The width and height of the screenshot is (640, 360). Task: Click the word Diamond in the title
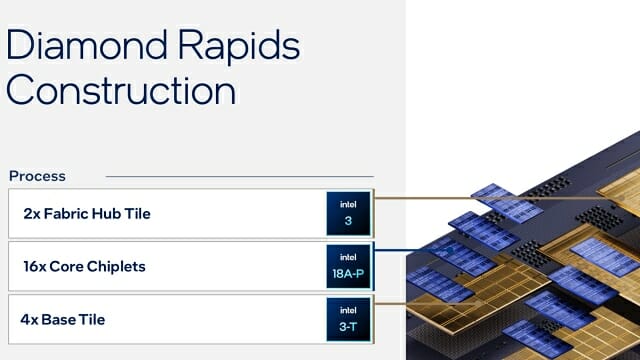coord(87,44)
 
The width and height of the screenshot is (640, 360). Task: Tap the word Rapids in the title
coord(239,47)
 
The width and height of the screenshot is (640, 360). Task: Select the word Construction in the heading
coord(121,90)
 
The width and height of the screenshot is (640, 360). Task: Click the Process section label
coord(37,176)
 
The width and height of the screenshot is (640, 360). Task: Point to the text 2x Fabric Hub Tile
coord(87,213)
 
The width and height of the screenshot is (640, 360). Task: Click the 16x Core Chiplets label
coord(84,267)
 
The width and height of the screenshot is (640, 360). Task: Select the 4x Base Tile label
coord(63,320)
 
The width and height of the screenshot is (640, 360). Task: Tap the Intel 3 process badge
coord(348,213)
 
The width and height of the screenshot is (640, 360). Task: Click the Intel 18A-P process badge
coord(348,267)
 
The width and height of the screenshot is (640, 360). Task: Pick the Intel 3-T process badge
coord(348,319)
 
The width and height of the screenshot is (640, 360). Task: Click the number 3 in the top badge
coord(348,221)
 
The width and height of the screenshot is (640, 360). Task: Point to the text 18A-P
coord(348,273)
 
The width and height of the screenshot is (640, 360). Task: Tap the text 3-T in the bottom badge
coord(348,327)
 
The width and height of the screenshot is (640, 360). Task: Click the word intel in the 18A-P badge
coord(348,257)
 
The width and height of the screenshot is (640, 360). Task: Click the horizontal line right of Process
coord(240,177)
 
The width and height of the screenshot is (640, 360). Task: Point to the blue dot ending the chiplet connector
coord(450,250)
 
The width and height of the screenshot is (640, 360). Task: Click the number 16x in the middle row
coord(34,267)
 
